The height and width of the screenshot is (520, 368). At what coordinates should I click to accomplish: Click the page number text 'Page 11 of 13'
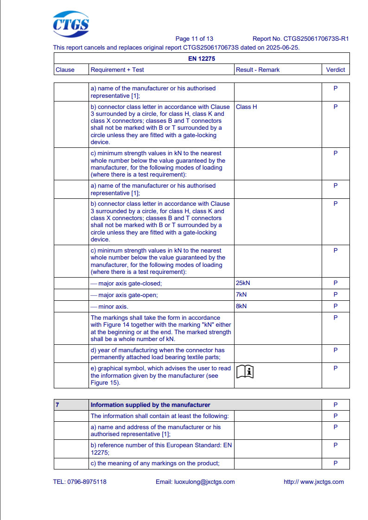click(194, 39)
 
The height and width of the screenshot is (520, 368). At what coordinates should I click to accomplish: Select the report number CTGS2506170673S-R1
click(316, 39)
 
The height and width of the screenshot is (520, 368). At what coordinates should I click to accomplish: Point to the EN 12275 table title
click(202, 59)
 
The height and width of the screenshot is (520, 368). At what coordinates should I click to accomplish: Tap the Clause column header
click(65, 70)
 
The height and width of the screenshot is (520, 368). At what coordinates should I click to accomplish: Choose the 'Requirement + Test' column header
click(117, 70)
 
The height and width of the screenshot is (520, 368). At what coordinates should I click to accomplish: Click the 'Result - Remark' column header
click(258, 70)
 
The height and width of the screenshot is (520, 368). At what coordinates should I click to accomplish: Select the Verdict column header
click(336, 70)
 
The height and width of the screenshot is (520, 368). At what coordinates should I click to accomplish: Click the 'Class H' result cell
click(247, 107)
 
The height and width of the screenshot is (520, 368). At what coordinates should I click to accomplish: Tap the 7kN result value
click(241, 295)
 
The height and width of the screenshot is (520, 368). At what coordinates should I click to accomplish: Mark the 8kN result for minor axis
click(241, 306)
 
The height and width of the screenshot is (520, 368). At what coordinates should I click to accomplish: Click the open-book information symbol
click(246, 372)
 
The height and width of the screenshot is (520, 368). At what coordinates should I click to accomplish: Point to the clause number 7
click(57, 405)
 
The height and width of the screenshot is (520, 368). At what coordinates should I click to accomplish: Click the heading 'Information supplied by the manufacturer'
click(150, 405)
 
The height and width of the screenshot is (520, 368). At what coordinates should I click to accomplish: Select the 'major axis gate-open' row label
click(127, 295)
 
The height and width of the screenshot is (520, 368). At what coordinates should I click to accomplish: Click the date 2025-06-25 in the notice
click(283, 47)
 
